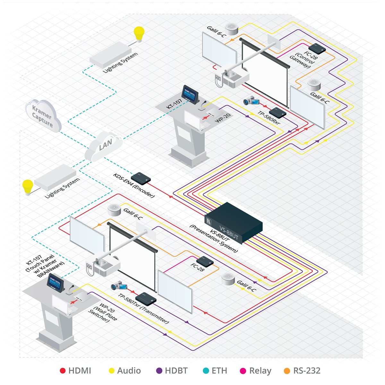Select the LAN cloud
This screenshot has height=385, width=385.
[103, 147]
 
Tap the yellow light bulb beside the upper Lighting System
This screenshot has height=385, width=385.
[139, 34]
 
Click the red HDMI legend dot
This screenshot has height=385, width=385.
[63, 371]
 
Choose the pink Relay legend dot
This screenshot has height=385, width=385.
[243, 371]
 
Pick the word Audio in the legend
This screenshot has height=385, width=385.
[129, 371]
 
